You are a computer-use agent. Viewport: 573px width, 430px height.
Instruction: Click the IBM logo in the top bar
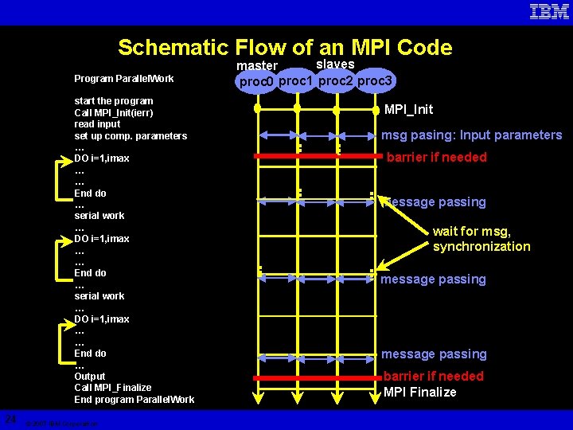pyautogui.click(x=549, y=11)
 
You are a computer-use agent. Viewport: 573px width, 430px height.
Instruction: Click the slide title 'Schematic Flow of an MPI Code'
pyautogui.click(x=285, y=48)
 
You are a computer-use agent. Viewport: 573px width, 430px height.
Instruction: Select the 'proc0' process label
pyautogui.click(x=256, y=82)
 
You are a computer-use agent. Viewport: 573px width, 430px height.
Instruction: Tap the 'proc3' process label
pyautogui.click(x=375, y=80)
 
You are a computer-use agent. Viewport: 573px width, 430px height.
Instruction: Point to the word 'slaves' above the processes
pyautogui.click(x=335, y=64)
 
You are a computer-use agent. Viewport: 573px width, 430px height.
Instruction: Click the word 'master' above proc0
pyautogui.click(x=258, y=65)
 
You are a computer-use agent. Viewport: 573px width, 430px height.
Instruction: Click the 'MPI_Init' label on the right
pyautogui.click(x=408, y=109)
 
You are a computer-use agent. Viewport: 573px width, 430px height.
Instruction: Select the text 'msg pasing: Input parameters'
pyautogui.click(x=471, y=135)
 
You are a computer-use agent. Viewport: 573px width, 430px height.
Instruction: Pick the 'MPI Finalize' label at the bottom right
pyautogui.click(x=419, y=392)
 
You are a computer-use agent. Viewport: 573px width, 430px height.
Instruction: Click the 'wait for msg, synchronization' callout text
pyautogui.click(x=481, y=239)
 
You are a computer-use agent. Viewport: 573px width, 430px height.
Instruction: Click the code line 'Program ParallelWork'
pyautogui.click(x=123, y=78)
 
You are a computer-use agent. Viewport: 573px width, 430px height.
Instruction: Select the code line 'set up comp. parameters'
pyautogui.click(x=131, y=136)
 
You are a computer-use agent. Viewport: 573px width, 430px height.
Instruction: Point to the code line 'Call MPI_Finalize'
pyautogui.click(x=112, y=388)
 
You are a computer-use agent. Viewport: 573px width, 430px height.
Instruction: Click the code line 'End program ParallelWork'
pyautogui.click(x=134, y=400)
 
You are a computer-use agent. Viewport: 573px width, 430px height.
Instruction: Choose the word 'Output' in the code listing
pyautogui.click(x=90, y=376)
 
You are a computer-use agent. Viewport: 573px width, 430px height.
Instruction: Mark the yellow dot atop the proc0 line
pyautogui.click(x=257, y=108)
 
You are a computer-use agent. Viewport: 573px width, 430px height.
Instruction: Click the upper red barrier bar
pyautogui.click(x=318, y=157)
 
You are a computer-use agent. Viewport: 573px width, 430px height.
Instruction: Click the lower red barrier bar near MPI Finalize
pyautogui.click(x=318, y=377)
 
